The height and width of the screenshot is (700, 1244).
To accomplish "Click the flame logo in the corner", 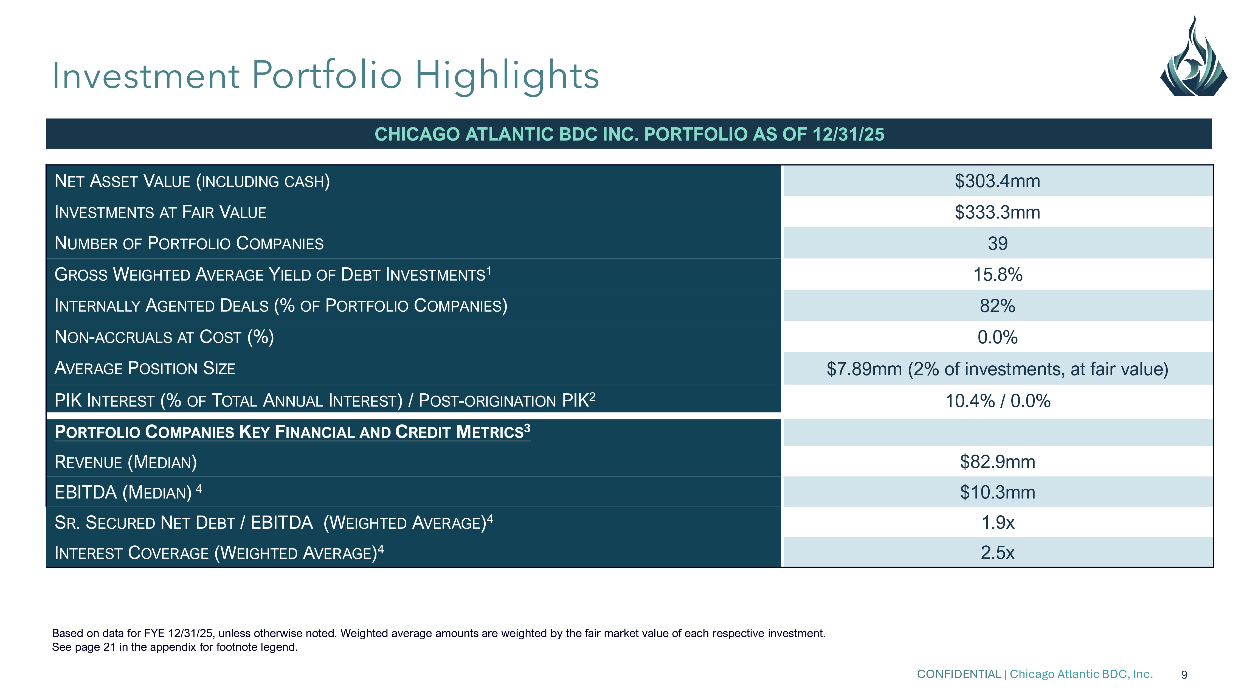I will pos(1193,58).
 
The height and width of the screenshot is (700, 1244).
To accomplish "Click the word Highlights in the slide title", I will pos(507,76).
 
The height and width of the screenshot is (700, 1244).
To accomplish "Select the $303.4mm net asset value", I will pos(997,181).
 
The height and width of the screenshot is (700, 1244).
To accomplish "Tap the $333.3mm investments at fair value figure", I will pos(997,212).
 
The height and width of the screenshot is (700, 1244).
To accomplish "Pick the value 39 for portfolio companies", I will pos(997,243).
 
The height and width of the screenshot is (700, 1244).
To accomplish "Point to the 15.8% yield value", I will pos(997,275).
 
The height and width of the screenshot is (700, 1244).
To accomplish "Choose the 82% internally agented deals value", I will pos(997,306).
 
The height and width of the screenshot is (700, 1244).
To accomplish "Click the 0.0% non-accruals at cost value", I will pos(997,337).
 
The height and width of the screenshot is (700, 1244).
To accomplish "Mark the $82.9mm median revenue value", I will pos(997,462).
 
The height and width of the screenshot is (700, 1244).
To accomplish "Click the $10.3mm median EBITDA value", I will pos(997,492).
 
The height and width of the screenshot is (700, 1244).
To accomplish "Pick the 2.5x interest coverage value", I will pos(997,553).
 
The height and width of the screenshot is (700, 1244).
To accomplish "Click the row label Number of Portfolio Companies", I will pos(189,243).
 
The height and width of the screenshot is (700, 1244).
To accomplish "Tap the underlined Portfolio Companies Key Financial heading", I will pos(292,432).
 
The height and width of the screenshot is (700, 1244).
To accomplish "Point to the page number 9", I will pos(1184,675).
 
